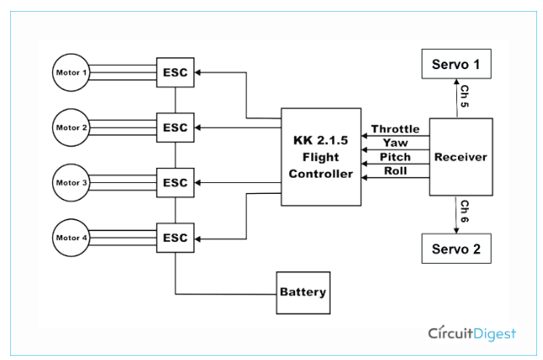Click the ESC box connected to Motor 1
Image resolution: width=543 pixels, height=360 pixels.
[175, 73]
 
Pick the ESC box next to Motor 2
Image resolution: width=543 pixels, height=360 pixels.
[175, 128]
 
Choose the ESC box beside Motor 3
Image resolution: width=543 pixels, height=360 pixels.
[175, 183]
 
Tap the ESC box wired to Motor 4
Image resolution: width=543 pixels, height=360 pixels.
[175, 238]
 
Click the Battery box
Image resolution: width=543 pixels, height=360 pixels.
[303, 293]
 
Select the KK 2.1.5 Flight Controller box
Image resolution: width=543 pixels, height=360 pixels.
[320, 157]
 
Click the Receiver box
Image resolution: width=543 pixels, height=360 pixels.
[460, 158]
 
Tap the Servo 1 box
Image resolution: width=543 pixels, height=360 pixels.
[455, 64]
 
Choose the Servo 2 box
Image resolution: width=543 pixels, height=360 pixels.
[455, 250]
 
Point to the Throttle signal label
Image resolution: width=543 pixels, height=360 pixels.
[395, 129]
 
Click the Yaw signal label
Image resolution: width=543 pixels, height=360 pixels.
[395, 143]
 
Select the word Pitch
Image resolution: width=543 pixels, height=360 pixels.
[395, 157]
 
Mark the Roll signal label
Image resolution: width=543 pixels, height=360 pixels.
[395, 171]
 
